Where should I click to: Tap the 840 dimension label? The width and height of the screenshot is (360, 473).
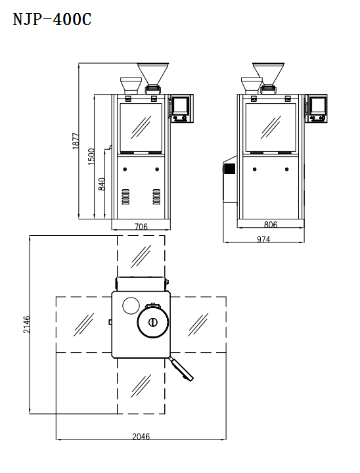coord(102,185)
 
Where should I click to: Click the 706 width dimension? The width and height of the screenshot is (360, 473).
coord(141,227)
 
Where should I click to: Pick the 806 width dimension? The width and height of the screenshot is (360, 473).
coord(271,225)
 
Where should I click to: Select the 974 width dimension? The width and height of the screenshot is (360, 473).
coord(263,240)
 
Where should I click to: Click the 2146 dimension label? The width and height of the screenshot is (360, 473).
coord(27,325)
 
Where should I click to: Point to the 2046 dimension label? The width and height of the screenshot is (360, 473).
coord(141,436)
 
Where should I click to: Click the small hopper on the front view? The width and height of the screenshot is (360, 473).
coord(131,83)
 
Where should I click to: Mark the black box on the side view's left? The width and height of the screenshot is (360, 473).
coord(229,169)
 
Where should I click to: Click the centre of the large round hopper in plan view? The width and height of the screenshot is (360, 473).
coord(152,322)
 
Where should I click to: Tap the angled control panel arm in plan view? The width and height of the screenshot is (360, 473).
coord(182,369)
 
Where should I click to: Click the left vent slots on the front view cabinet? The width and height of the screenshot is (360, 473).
coord(125,196)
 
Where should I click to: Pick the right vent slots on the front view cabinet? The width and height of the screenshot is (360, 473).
coord(156,196)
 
